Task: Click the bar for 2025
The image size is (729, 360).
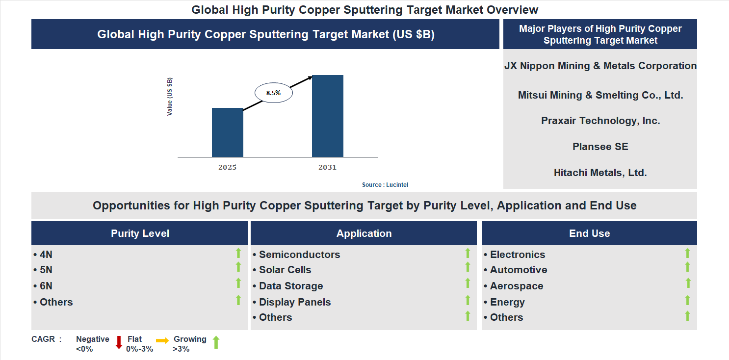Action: [227, 132]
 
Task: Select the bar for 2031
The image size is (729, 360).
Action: [327, 116]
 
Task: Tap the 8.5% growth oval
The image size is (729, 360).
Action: [273, 92]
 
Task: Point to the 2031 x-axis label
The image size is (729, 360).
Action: [327, 168]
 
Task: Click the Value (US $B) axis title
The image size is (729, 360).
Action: [170, 97]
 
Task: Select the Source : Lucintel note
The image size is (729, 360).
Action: [385, 185]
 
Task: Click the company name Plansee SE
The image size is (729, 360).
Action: [600, 147]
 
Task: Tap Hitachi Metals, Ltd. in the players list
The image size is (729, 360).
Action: [600, 173]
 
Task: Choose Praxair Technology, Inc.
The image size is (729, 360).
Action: [600, 121]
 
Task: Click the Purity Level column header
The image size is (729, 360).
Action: [140, 233]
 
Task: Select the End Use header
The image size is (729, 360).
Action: [589, 233]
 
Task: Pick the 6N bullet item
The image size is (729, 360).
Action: [46, 286]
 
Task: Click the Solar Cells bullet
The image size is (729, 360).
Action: [285, 270]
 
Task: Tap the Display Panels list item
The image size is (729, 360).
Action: [295, 302]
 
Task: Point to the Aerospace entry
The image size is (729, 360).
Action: [517, 286]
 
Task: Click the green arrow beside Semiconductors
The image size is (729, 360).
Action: [468, 253]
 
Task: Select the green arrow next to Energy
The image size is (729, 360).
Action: [687, 300]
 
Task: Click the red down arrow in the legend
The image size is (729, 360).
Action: [119, 343]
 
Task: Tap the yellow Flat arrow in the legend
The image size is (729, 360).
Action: [162, 340]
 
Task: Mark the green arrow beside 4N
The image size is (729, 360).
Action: [238, 253]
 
